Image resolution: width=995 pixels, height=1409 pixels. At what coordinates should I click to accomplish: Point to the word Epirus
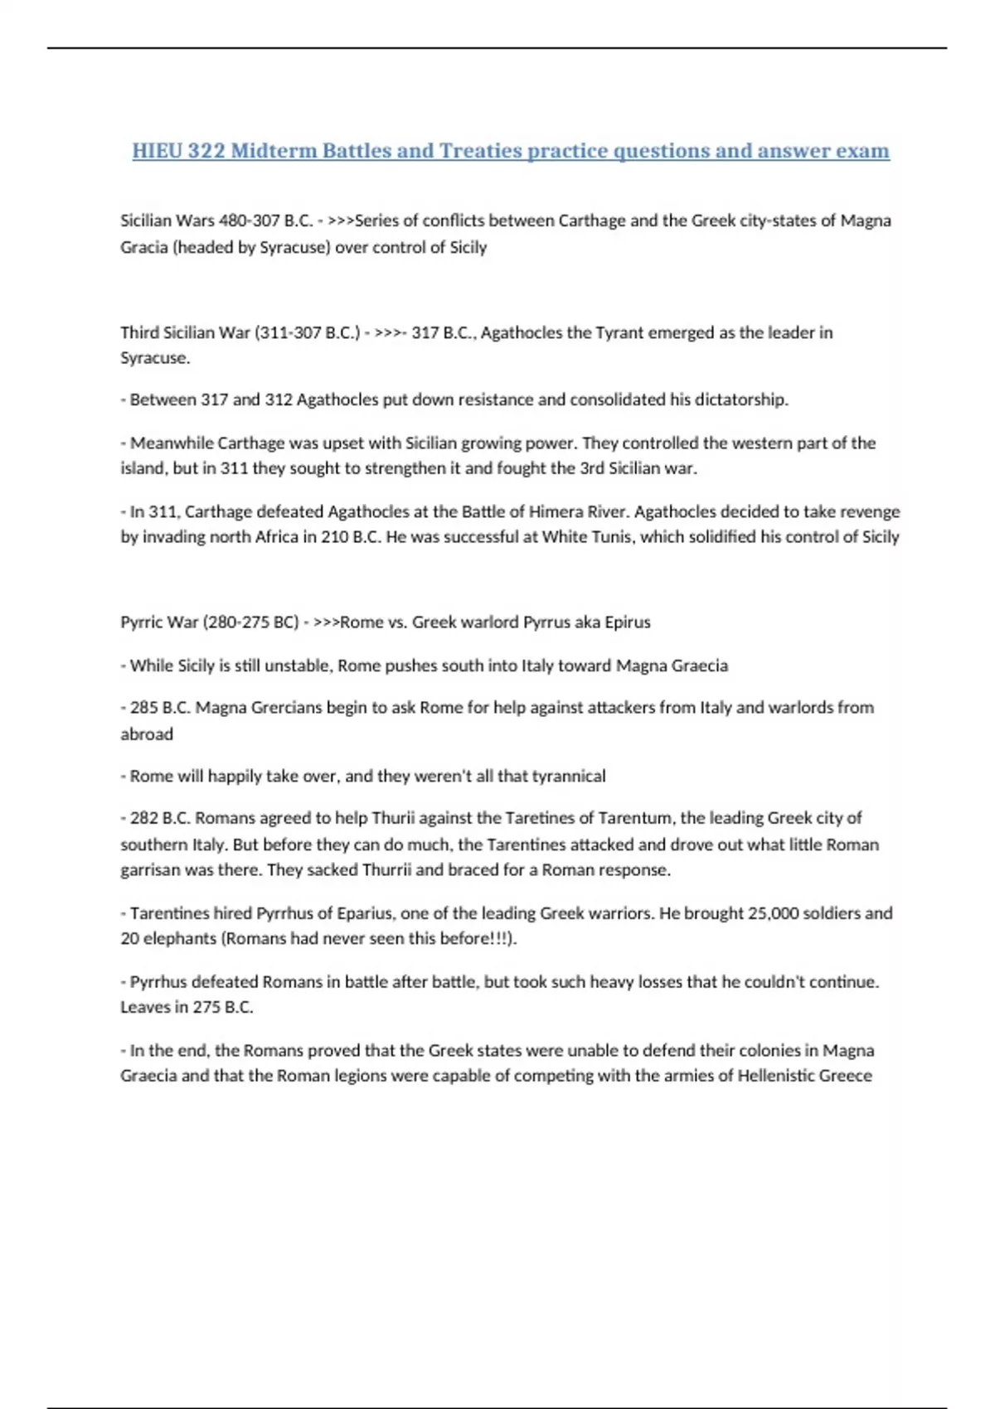coord(627,622)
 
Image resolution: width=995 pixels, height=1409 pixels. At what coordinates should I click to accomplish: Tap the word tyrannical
coord(568,777)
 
